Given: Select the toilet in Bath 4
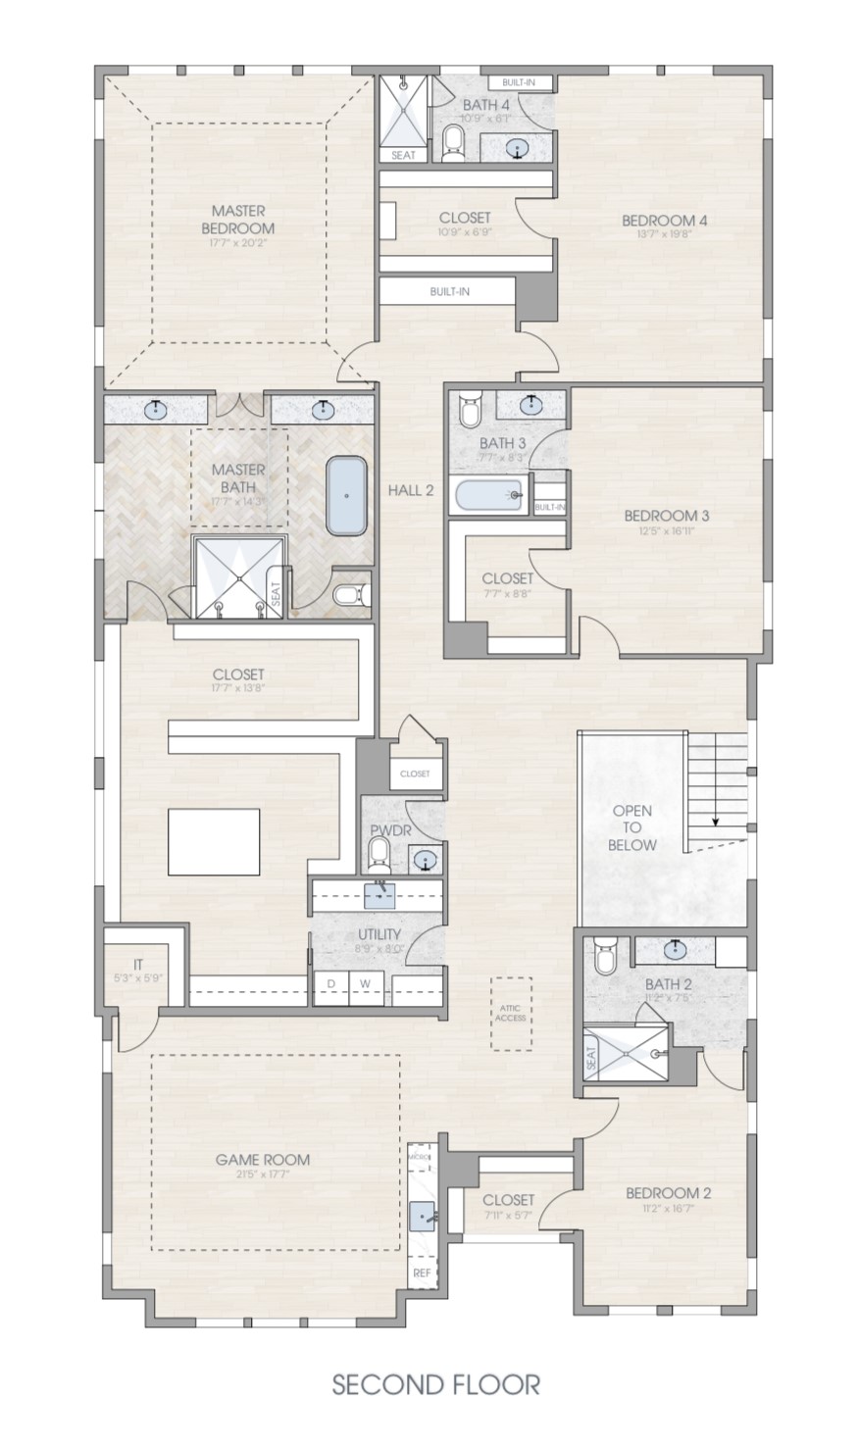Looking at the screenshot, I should pos(454,143).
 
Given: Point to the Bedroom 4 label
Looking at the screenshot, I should pos(665,221).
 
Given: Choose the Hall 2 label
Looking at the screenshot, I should pos(410,490).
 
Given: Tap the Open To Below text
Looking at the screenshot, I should pos(631,827).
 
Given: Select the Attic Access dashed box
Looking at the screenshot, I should pos(511,1013).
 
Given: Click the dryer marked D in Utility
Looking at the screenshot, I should pos(331,983).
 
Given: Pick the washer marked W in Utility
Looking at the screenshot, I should pos(365,983).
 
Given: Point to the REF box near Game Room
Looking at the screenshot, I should pos(422,1273).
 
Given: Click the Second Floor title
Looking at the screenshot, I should pos(435,1384).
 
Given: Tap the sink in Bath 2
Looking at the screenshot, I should pos(675,949).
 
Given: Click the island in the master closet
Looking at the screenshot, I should pos(214,842).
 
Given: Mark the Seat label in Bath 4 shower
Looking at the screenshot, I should pos(403,155).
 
